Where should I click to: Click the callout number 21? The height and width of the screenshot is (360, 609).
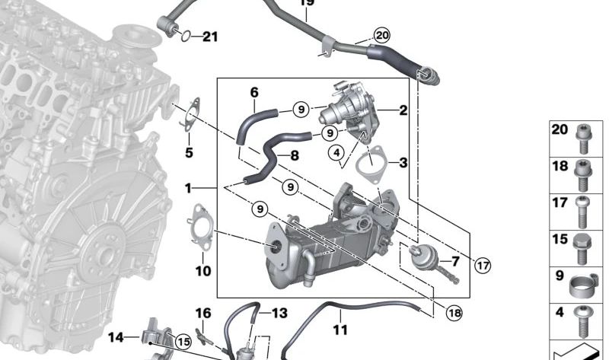pyautogui.click(x=209, y=36)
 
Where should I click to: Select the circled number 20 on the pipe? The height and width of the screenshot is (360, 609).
pyautogui.click(x=381, y=35)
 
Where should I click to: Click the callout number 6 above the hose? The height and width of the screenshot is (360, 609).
pyautogui.click(x=254, y=93)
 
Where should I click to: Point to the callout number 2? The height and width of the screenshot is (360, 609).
pyautogui.click(x=403, y=110)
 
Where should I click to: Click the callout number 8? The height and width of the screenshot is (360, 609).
pyautogui.click(x=294, y=155)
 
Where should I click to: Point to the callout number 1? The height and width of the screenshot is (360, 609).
pyautogui.click(x=188, y=187)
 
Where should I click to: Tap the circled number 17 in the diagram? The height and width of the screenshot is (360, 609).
pyautogui.click(x=483, y=265)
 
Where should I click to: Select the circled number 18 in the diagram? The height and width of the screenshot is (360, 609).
pyautogui.click(x=454, y=312)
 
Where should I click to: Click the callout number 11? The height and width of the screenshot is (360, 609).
pyautogui.click(x=340, y=330)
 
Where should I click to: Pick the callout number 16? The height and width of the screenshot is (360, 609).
pyautogui.click(x=202, y=314)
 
